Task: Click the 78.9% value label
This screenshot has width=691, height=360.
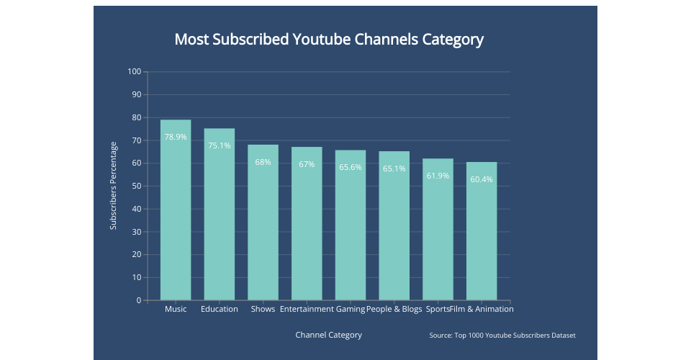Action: tap(176, 137)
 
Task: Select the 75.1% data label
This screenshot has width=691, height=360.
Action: tap(220, 145)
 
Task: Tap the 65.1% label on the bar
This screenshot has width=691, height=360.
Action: tap(394, 168)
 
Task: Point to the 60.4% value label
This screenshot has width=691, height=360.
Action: tap(482, 179)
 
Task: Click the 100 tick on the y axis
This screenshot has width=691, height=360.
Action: tap(135, 72)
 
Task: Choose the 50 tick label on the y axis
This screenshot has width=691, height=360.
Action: tap(137, 186)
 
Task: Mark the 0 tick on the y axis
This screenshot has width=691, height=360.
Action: tap(139, 301)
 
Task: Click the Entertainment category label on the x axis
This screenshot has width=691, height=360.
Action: tap(307, 310)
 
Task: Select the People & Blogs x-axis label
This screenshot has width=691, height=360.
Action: tap(394, 310)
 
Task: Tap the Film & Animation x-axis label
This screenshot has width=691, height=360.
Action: tap(482, 310)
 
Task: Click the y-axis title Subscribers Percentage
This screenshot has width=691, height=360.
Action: tap(114, 186)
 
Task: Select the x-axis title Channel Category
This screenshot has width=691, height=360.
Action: tap(328, 335)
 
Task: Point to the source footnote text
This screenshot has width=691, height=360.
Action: tap(502, 336)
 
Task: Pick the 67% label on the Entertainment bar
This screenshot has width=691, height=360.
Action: tap(307, 164)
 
